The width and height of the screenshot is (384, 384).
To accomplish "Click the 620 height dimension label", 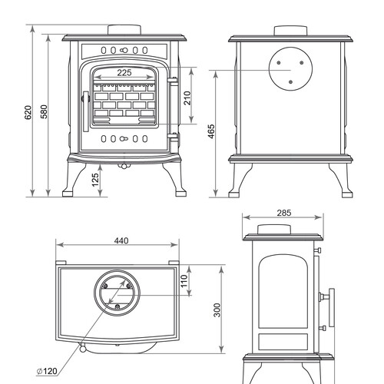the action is click(x=28, y=112).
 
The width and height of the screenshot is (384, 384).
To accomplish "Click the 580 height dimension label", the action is click(x=44, y=111).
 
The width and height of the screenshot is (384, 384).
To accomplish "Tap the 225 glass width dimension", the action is click(x=124, y=73).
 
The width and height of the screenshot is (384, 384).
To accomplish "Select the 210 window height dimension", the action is click(x=187, y=98).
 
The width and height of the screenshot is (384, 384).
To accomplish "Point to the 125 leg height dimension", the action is click(x=95, y=180).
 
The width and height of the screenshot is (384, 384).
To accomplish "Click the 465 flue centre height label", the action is click(x=211, y=131).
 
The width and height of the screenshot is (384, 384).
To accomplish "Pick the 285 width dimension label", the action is click(x=284, y=213).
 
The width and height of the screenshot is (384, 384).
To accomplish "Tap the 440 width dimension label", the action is click(x=121, y=241).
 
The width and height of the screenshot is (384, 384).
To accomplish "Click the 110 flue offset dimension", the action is click(x=184, y=281).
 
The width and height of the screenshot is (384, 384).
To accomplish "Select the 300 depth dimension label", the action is click(x=217, y=310).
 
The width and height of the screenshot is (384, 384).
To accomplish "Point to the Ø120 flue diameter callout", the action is click(x=47, y=371).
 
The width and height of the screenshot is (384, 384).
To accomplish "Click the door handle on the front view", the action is click(x=86, y=111).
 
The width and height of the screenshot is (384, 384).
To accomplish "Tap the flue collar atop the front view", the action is click(x=124, y=29).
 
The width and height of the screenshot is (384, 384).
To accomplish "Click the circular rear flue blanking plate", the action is click(x=290, y=68).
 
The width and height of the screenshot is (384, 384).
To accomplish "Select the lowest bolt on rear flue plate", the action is click(x=290, y=82).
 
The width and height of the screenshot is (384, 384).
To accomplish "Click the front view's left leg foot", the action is click(x=68, y=193).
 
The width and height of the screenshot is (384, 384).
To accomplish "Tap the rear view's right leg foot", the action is click(x=347, y=194).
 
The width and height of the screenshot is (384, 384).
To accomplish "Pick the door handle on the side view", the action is click(x=332, y=307).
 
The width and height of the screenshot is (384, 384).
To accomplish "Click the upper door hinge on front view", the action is click(x=173, y=81).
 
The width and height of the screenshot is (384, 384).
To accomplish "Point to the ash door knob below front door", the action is click(x=124, y=166).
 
